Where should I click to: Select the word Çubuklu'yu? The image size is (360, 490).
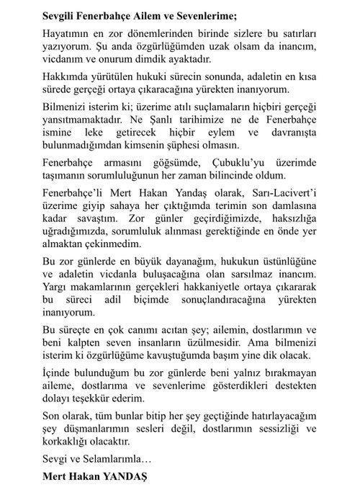pyautogui.click(x=256, y=185)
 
